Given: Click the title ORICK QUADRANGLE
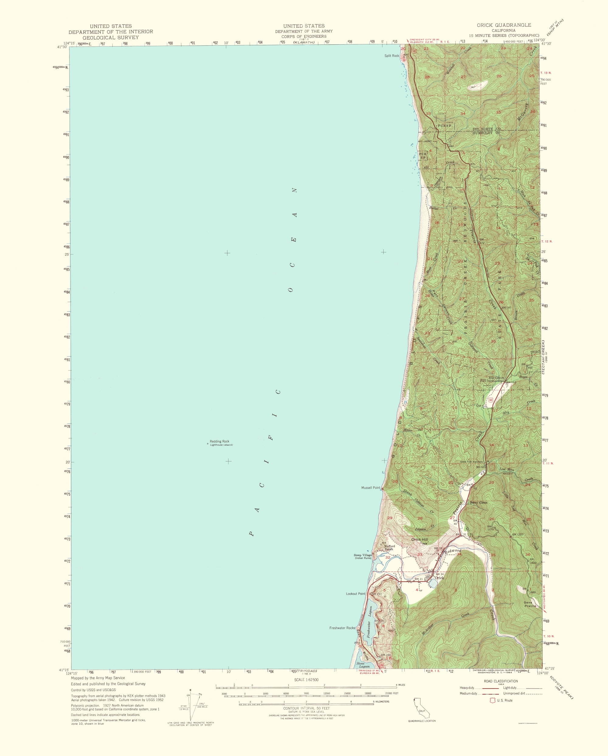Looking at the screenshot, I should [503, 25].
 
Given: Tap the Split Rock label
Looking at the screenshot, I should [391, 56].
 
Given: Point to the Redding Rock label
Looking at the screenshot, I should [219, 441].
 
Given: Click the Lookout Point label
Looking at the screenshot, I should [355, 594].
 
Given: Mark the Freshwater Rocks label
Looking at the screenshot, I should [342, 628].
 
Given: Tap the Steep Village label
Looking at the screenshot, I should [363, 555].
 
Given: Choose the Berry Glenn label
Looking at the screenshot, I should [478, 502].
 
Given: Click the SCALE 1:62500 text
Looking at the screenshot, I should [306, 680].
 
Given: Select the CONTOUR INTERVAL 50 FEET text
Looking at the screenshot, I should [306, 708].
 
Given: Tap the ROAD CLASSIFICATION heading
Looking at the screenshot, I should [500, 681].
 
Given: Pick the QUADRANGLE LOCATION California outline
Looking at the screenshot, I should [419, 708].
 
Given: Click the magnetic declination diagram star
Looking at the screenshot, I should [190, 690].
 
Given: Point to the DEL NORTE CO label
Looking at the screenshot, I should [486, 129].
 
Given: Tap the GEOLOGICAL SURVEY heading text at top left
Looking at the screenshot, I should [110, 37].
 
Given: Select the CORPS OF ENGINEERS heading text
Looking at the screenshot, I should [304, 36].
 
